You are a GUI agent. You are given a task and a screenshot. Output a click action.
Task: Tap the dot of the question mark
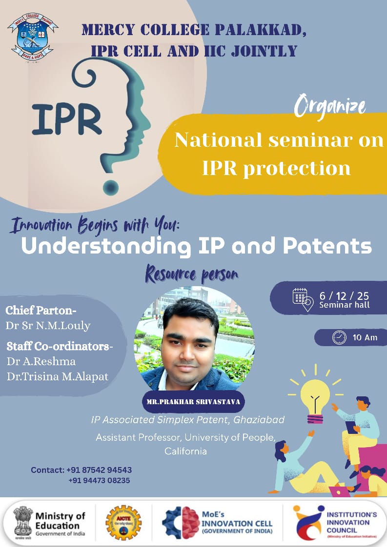coord(111,187)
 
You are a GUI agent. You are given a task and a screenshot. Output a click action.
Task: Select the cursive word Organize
coord(330,106)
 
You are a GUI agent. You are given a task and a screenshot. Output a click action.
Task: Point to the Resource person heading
coord(192,274)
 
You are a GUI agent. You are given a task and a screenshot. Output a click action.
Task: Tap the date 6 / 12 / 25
coord(344,296)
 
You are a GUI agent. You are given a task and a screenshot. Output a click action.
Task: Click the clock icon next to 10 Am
coord(339,337)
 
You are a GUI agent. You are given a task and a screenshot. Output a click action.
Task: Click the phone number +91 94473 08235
coord(99,480)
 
